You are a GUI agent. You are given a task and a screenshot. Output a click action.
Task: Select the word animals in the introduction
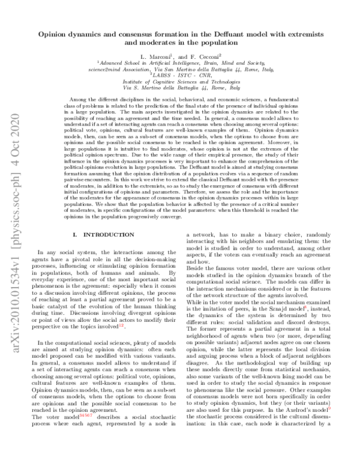point(146,279)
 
